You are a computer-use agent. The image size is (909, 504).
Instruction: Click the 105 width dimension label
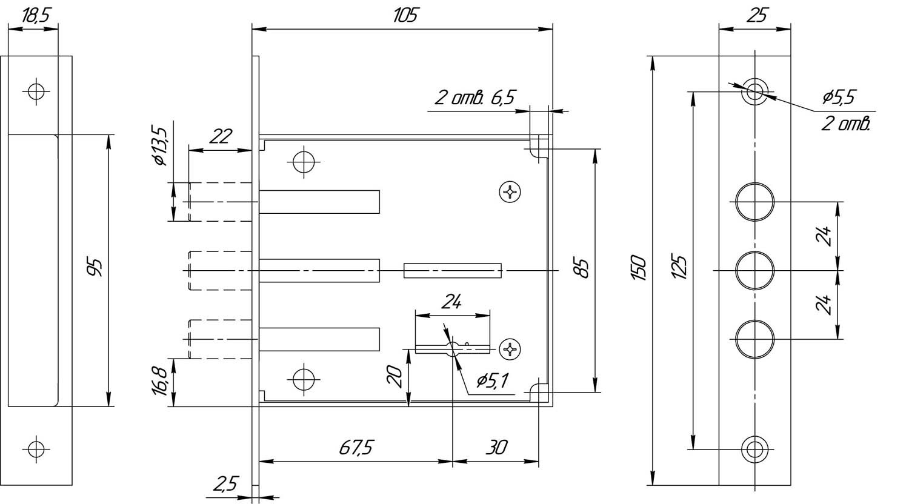pos(405,15)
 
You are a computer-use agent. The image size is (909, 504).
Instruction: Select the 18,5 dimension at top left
pos(35,16)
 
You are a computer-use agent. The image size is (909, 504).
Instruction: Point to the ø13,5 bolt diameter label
pos(160,146)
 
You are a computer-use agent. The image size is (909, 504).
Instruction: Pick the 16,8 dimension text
pos(159,381)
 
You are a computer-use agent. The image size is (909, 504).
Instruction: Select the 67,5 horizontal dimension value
pos(356,448)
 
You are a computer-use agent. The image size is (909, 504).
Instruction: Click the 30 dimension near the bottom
pos(496,448)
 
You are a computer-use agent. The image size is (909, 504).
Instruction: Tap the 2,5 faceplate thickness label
pos(225,484)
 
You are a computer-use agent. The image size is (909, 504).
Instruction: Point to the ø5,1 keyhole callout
pos(492,380)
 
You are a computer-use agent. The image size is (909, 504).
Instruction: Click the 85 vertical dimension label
pos(583,267)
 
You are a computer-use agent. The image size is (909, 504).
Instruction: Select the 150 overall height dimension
pos(638,267)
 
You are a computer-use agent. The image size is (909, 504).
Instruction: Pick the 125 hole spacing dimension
pos(680,267)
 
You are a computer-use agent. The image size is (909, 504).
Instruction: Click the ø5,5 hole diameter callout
pos(838,98)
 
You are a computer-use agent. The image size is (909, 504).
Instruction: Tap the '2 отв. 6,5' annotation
pos(474,98)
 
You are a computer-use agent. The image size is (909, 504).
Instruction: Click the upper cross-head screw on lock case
pos(510,191)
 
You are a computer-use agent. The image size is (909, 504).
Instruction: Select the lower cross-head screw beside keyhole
pos(510,348)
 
